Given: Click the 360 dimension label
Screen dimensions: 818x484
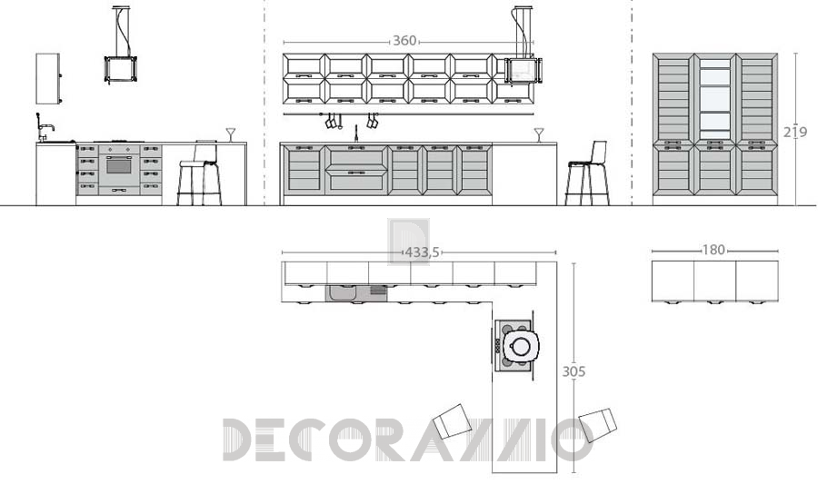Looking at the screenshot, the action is [404, 41].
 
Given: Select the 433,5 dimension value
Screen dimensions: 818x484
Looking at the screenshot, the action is [423, 252].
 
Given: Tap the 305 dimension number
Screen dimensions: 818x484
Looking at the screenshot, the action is [574, 371].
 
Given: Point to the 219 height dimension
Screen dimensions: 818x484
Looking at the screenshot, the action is [795, 133].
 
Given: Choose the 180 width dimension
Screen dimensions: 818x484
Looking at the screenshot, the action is [713, 250].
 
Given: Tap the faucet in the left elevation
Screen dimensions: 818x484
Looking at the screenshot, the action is [45, 127].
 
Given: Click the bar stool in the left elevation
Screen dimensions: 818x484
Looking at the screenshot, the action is [199, 173].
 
